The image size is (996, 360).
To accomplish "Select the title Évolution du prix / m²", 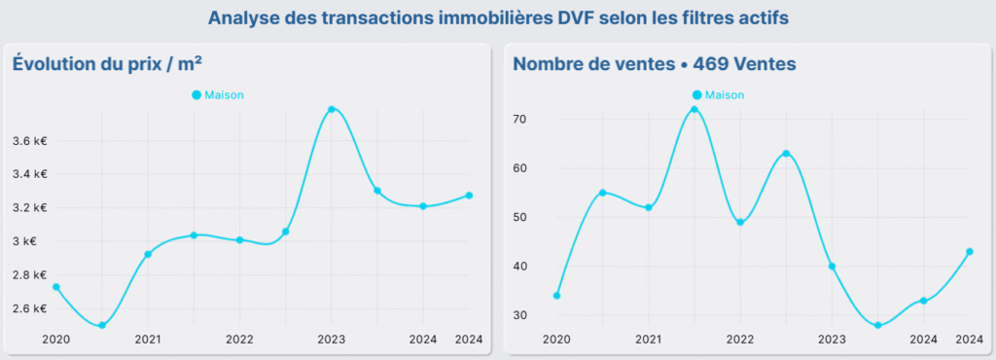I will [x=107, y=63].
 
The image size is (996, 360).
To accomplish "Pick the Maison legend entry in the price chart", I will [x=218, y=94].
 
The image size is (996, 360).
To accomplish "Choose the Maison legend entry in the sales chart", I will [x=718, y=94].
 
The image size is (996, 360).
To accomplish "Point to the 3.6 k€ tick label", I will [x=30, y=141].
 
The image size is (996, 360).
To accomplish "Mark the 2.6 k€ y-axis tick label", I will [x=30, y=308].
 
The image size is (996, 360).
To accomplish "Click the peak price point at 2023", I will [x=332, y=109].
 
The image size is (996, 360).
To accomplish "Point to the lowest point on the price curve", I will [x=102, y=325].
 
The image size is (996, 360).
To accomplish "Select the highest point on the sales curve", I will [x=694, y=109].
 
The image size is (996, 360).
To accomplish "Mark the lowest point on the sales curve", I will [x=877, y=325].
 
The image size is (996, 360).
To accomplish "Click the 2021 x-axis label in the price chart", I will [x=148, y=340].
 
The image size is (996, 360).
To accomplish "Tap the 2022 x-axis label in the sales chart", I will [x=740, y=340].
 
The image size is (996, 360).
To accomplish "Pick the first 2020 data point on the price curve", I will [x=56, y=287].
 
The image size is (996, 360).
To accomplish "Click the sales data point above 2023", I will [x=832, y=267].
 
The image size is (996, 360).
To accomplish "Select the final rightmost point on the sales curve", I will [x=969, y=251].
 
